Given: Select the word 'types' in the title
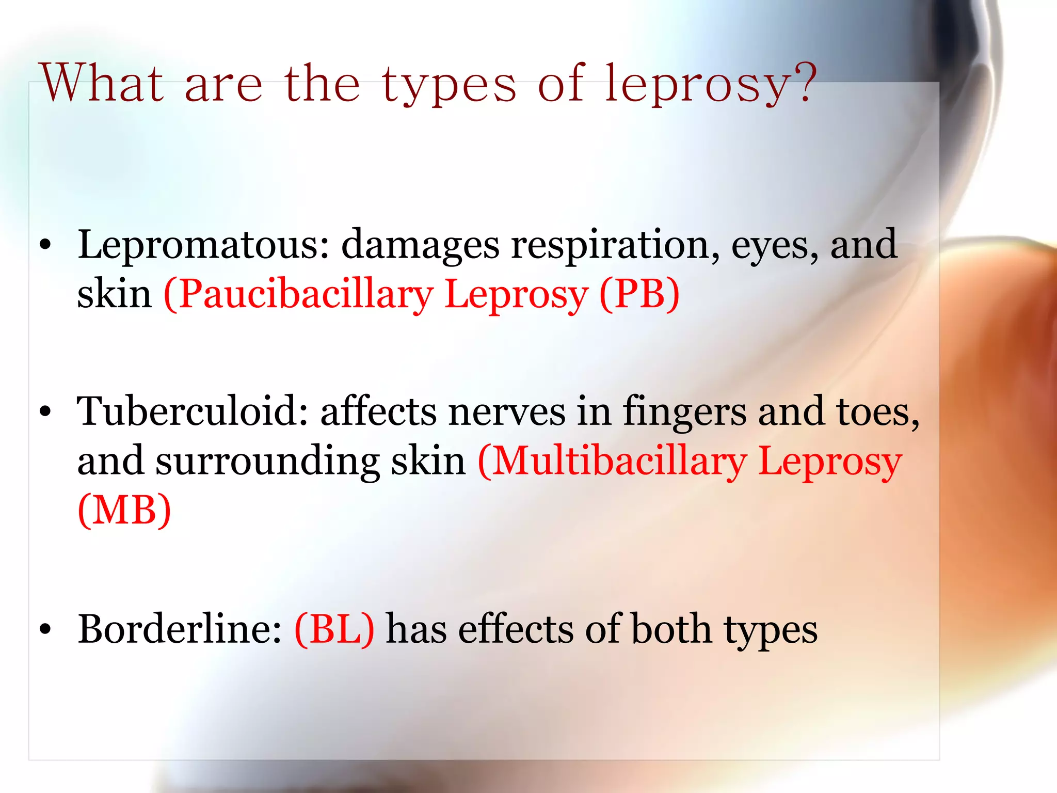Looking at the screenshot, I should click(x=449, y=85).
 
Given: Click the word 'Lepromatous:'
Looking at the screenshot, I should click(x=203, y=245).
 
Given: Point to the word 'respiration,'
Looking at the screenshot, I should click(x=615, y=245).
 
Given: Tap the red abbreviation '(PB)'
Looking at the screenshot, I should click(x=639, y=294).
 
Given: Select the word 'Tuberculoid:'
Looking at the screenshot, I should click(x=193, y=411).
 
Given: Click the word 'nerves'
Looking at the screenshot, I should click(x=506, y=411).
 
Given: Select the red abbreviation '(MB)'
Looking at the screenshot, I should click(x=124, y=511).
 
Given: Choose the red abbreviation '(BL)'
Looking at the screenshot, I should click(x=334, y=629).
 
